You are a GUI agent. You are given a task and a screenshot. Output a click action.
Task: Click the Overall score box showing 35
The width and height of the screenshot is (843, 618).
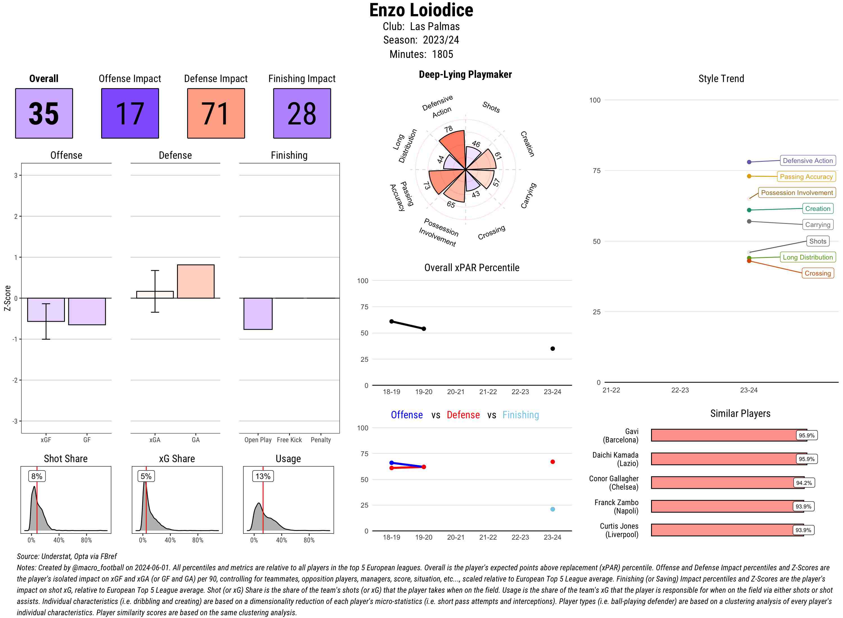coord(44,113)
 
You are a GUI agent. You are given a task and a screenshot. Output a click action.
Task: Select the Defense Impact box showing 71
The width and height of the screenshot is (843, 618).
coord(216,113)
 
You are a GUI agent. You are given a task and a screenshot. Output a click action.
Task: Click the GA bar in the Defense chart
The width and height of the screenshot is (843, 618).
coord(196,281)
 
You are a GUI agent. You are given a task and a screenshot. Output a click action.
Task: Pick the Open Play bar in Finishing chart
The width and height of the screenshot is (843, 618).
coord(258,313)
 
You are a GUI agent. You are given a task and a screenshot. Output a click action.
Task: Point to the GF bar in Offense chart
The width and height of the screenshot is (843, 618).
coord(87,311)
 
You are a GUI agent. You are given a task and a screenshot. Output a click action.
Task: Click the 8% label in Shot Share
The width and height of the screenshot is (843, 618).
coord(37,476)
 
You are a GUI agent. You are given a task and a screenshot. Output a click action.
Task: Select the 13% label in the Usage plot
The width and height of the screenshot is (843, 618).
coord(263,476)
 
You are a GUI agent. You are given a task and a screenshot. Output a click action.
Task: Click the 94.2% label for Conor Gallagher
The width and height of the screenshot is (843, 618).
coord(804,483)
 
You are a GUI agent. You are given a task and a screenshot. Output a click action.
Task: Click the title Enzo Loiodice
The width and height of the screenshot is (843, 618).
coord(421,10)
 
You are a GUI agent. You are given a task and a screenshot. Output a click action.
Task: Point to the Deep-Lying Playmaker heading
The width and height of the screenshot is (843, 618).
coord(465,74)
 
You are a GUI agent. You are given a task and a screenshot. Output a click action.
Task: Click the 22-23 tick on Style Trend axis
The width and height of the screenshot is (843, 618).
coord(679,390)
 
